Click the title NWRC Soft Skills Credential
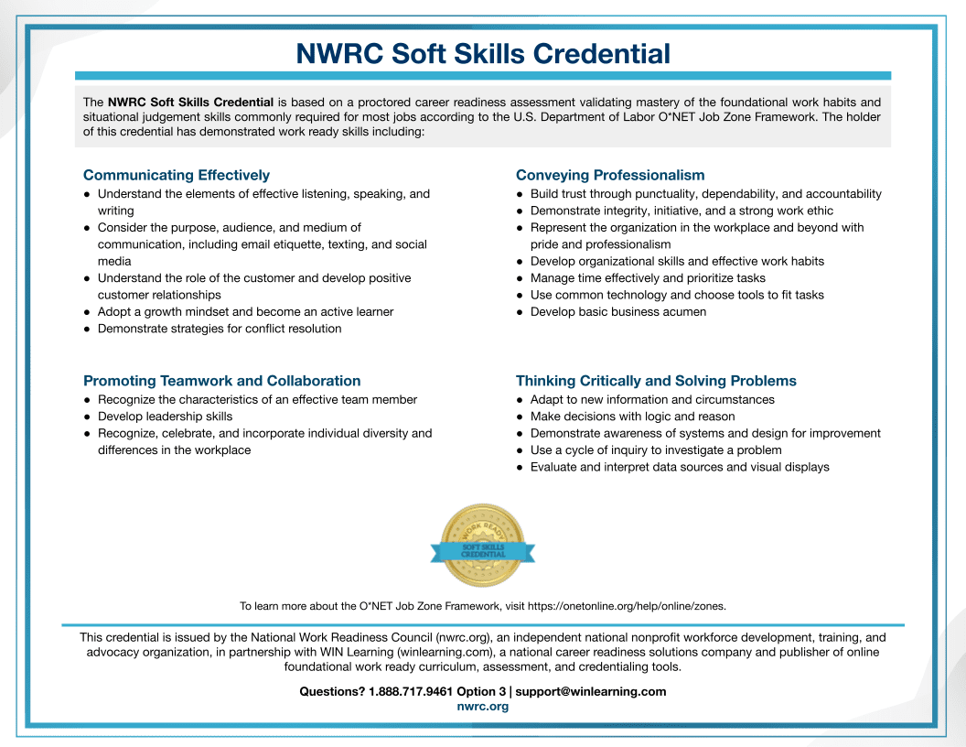pyautogui.click(x=483, y=53)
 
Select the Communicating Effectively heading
pyautogui.click(x=177, y=175)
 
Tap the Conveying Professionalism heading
pyautogui.click(x=610, y=175)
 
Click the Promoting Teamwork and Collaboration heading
pyautogui.click(x=222, y=381)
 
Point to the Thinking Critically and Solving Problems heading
pyautogui.click(x=656, y=381)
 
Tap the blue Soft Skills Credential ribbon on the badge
pyautogui.click(x=482, y=551)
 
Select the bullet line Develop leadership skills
pyautogui.click(x=165, y=417)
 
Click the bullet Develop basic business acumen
pyautogui.click(x=617, y=311)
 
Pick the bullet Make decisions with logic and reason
pyautogui.click(x=632, y=417)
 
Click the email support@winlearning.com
pyautogui.click(x=590, y=691)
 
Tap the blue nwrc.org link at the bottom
pyautogui.click(x=482, y=707)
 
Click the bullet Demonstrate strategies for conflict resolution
pyautogui.click(x=220, y=329)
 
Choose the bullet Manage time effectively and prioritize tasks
pyautogui.click(x=648, y=278)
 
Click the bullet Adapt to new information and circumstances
pyautogui.click(x=652, y=399)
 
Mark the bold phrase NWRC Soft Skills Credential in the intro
pyautogui.click(x=190, y=102)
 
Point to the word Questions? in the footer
pyautogui.click(x=332, y=691)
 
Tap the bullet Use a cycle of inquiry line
pyautogui.click(x=656, y=450)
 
